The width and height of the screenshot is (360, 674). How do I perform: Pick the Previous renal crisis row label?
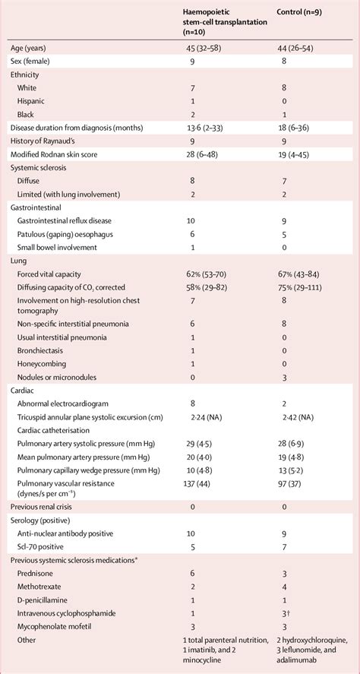(46, 505)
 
